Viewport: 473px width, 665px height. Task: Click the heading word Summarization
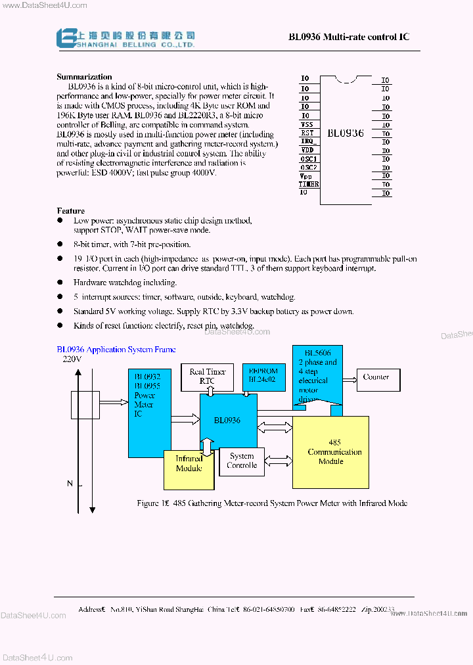(x=84, y=77)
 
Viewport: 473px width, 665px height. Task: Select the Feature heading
(x=70, y=211)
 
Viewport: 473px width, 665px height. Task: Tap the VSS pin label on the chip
(x=307, y=124)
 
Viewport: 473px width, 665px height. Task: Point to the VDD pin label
(x=307, y=150)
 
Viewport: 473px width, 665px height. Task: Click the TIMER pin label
(x=309, y=184)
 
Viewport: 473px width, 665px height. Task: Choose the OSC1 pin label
(x=309, y=158)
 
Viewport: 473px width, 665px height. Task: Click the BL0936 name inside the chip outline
(x=345, y=133)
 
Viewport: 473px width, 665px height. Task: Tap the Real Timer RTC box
(x=207, y=376)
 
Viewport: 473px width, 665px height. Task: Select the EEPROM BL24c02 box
(x=263, y=376)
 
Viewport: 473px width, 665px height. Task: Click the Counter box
(x=376, y=377)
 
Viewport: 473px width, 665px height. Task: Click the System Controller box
(x=242, y=461)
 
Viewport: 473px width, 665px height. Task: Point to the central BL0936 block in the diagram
(x=227, y=421)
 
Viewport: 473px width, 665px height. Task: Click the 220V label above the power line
(x=72, y=359)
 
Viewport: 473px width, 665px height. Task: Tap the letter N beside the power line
(x=70, y=484)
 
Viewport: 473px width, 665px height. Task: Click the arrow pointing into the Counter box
(x=350, y=377)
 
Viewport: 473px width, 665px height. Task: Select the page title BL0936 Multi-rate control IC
(x=349, y=37)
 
